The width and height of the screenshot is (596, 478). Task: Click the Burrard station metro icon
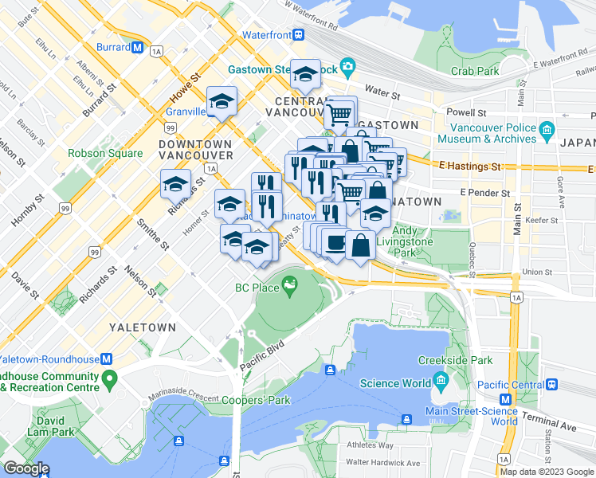coord(138,47)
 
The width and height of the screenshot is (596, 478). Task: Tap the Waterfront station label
coord(266,35)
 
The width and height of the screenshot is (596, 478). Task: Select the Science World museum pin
coord(437,382)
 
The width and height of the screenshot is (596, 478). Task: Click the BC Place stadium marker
coord(288,284)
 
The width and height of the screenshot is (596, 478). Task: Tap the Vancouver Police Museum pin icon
coord(546,129)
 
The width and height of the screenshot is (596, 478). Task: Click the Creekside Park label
coord(455,360)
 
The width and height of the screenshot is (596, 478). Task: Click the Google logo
coord(25,468)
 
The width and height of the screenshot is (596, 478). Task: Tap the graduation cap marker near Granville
coord(222,101)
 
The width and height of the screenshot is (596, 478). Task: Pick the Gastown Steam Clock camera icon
coord(347,65)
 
